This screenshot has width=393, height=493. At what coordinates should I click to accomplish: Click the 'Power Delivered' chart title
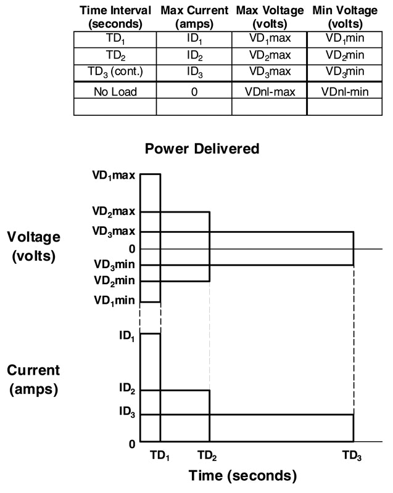click(202, 149)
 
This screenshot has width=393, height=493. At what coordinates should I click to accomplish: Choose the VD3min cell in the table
click(344, 71)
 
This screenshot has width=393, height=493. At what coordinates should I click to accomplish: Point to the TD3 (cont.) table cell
click(115, 71)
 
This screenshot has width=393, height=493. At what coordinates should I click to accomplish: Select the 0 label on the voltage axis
click(131, 249)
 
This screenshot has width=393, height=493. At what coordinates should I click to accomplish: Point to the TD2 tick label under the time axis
click(207, 457)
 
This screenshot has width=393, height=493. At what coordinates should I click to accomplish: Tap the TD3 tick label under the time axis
click(352, 457)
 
